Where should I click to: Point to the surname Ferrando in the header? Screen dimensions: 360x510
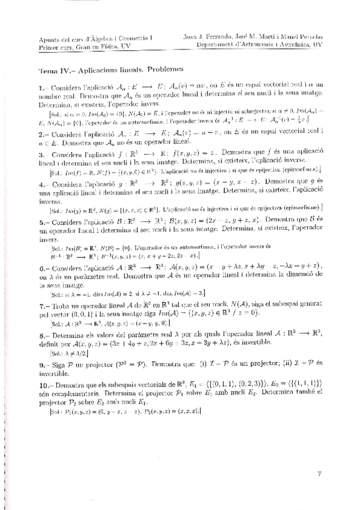(x=223, y=36)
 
